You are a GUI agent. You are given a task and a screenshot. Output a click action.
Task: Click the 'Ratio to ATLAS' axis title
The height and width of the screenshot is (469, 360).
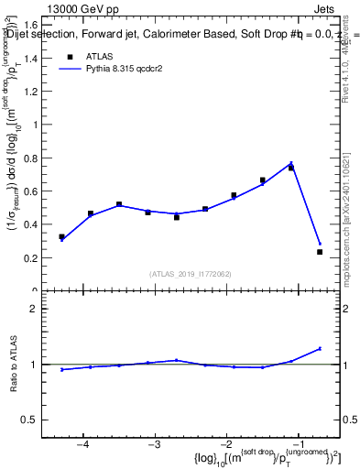(x=14, y=365)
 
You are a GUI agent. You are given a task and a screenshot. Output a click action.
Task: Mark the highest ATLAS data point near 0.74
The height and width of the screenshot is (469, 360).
(x=291, y=168)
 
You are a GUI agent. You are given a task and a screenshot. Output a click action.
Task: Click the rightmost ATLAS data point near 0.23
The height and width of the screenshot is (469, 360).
(x=320, y=252)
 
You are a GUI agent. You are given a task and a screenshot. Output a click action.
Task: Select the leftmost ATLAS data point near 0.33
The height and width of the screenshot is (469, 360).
(x=61, y=236)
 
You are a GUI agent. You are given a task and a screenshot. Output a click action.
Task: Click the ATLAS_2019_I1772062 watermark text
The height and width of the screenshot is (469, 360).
(x=191, y=274)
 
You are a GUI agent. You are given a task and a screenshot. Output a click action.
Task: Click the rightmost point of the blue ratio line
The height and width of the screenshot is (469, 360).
(x=320, y=348)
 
